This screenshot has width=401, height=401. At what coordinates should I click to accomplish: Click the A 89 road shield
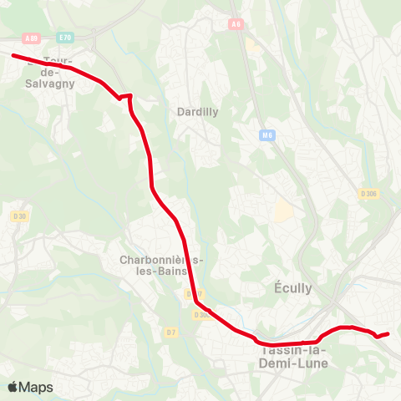[x=32, y=38]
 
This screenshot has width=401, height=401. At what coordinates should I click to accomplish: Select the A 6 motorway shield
[x=237, y=24]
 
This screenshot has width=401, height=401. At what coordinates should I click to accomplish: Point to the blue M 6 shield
[x=267, y=135]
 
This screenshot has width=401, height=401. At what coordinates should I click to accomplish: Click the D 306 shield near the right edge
[x=368, y=194]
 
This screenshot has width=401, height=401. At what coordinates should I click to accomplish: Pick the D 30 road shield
[x=20, y=216]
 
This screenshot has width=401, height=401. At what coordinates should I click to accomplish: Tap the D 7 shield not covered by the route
[x=171, y=333]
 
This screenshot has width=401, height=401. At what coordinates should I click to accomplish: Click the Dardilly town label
[x=197, y=111]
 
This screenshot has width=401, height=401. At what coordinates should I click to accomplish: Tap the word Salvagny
[x=51, y=84]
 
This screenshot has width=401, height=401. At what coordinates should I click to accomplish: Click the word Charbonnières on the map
[x=162, y=259]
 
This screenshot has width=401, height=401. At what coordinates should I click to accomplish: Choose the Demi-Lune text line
[x=284, y=364]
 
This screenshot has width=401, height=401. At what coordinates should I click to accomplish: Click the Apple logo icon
[x=13, y=387]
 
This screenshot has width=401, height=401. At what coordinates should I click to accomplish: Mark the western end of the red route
[x=13, y=55]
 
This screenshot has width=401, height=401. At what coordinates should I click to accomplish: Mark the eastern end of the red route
[x=388, y=333]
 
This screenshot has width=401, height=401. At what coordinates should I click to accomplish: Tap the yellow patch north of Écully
[x=284, y=212]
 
